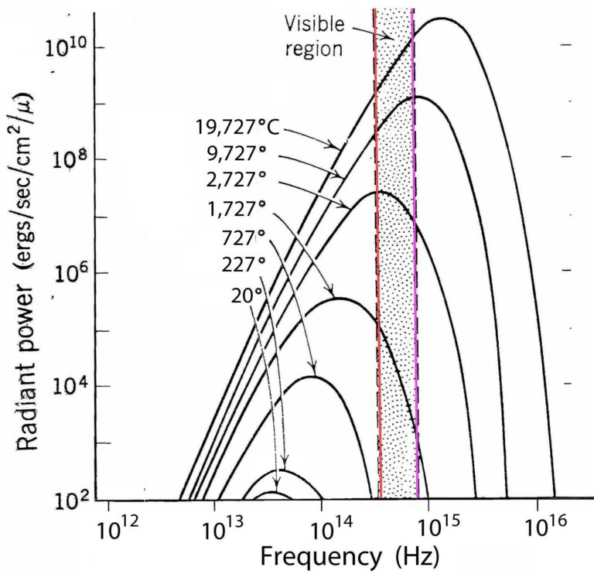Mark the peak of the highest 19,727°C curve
443,18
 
